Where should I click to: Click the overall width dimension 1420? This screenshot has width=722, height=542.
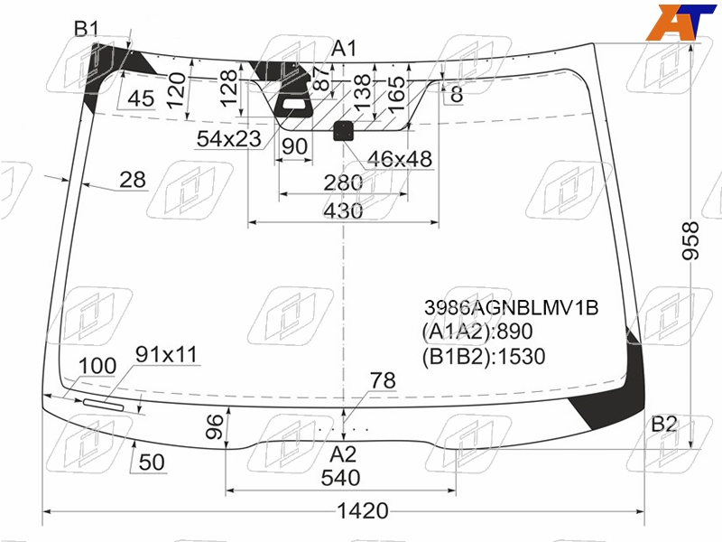pos(363,510)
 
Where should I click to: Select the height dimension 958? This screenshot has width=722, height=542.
pos(690,240)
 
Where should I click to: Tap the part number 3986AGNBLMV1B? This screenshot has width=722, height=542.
pos(511,307)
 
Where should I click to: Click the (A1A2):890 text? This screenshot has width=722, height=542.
pos(477,332)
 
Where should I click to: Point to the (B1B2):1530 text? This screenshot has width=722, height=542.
pos(484,356)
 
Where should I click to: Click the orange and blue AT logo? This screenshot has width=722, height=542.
pos(680,22)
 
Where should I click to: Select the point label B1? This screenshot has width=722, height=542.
pos(87,29)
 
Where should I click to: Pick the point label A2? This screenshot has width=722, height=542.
pos(343,455)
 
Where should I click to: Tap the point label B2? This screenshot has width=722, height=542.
pos(664,424)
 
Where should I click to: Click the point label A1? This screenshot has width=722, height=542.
pos(344,48)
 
